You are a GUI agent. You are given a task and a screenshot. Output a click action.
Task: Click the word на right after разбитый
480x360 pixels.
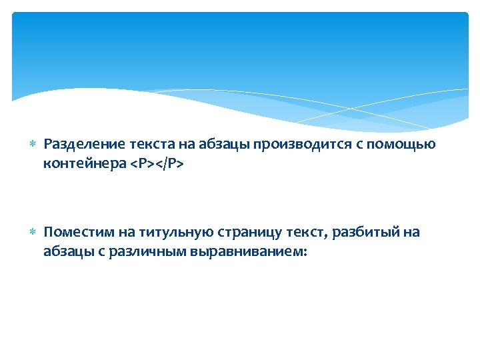[411, 232]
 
